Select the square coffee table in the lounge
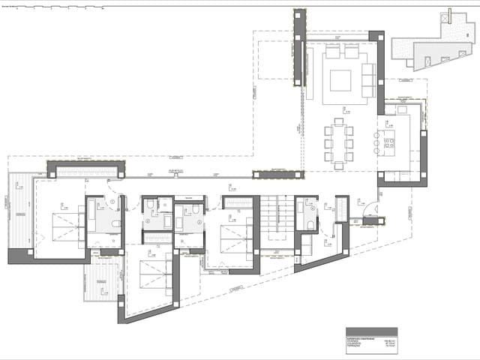(x=340, y=80)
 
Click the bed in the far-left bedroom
(x=68, y=226)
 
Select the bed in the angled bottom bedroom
(x=154, y=274)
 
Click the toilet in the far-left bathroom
(x=116, y=223)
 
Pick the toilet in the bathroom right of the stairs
(x=310, y=224)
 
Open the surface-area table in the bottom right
(x=371, y=338)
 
